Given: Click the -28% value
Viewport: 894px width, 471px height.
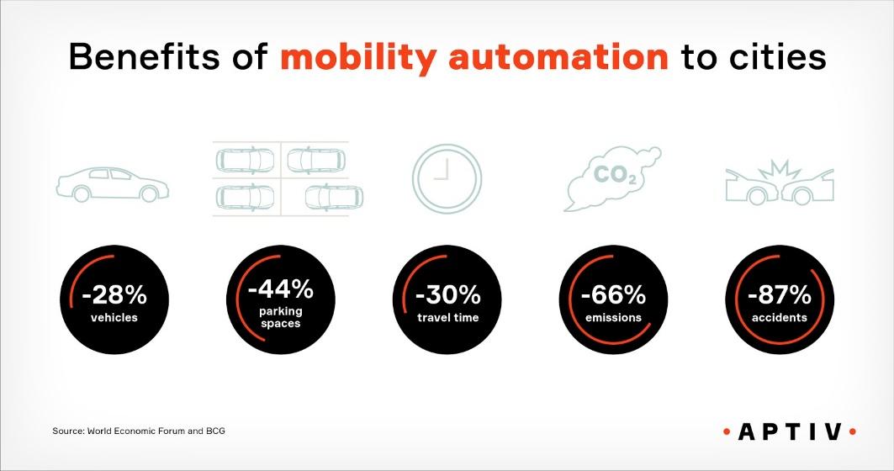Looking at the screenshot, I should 114,295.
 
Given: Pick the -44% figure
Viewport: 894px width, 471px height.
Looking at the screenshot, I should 281,290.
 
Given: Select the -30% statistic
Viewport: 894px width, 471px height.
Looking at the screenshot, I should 447,295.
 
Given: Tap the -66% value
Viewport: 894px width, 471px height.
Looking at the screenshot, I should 613,295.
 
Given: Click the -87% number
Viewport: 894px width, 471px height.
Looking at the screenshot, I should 779,295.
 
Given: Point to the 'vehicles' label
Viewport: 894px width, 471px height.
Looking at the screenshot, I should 114,318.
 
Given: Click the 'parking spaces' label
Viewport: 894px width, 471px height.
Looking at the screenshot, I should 281,318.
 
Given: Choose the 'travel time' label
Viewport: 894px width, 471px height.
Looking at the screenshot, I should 447,318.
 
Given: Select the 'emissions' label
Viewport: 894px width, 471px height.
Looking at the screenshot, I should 613,318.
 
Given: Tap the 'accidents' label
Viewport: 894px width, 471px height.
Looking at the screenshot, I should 779,318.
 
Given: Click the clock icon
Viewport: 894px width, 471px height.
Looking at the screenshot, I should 447,174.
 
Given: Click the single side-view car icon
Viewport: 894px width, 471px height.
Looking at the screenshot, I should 109,183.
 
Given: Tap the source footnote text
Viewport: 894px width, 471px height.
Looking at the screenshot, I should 139,431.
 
